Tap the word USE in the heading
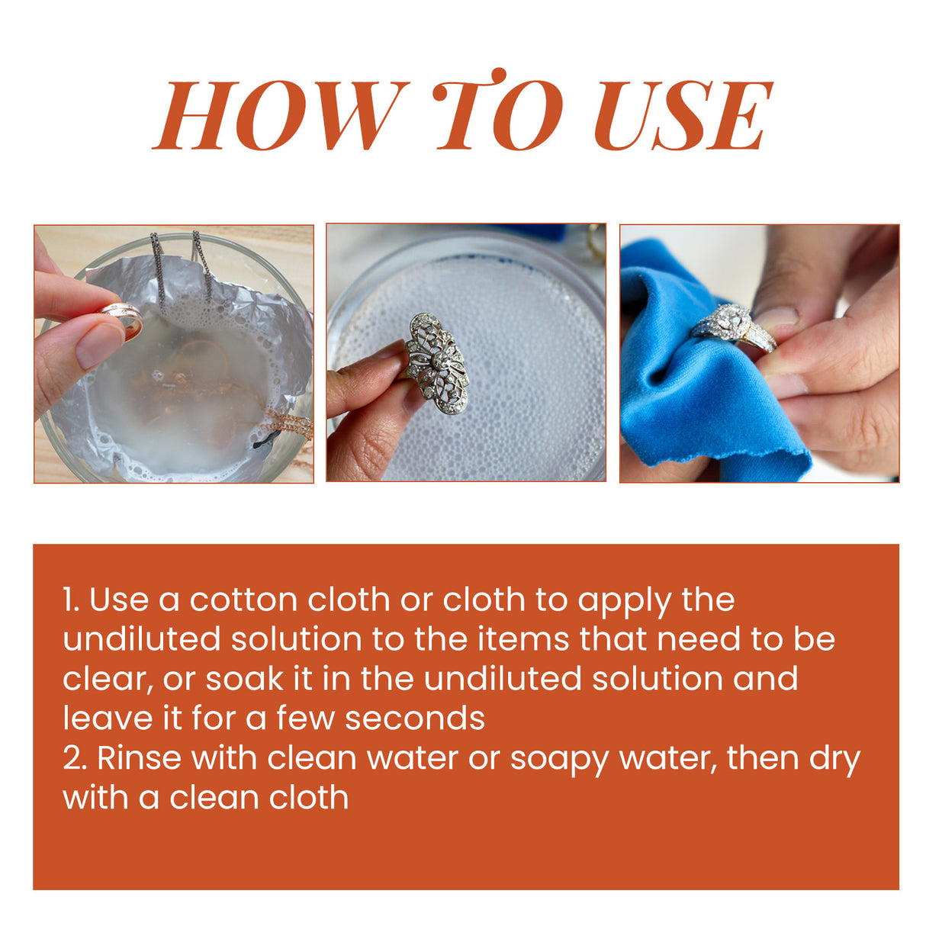pos(683,115)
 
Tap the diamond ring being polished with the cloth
pos(732,326)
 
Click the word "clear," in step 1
pos(108,679)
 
